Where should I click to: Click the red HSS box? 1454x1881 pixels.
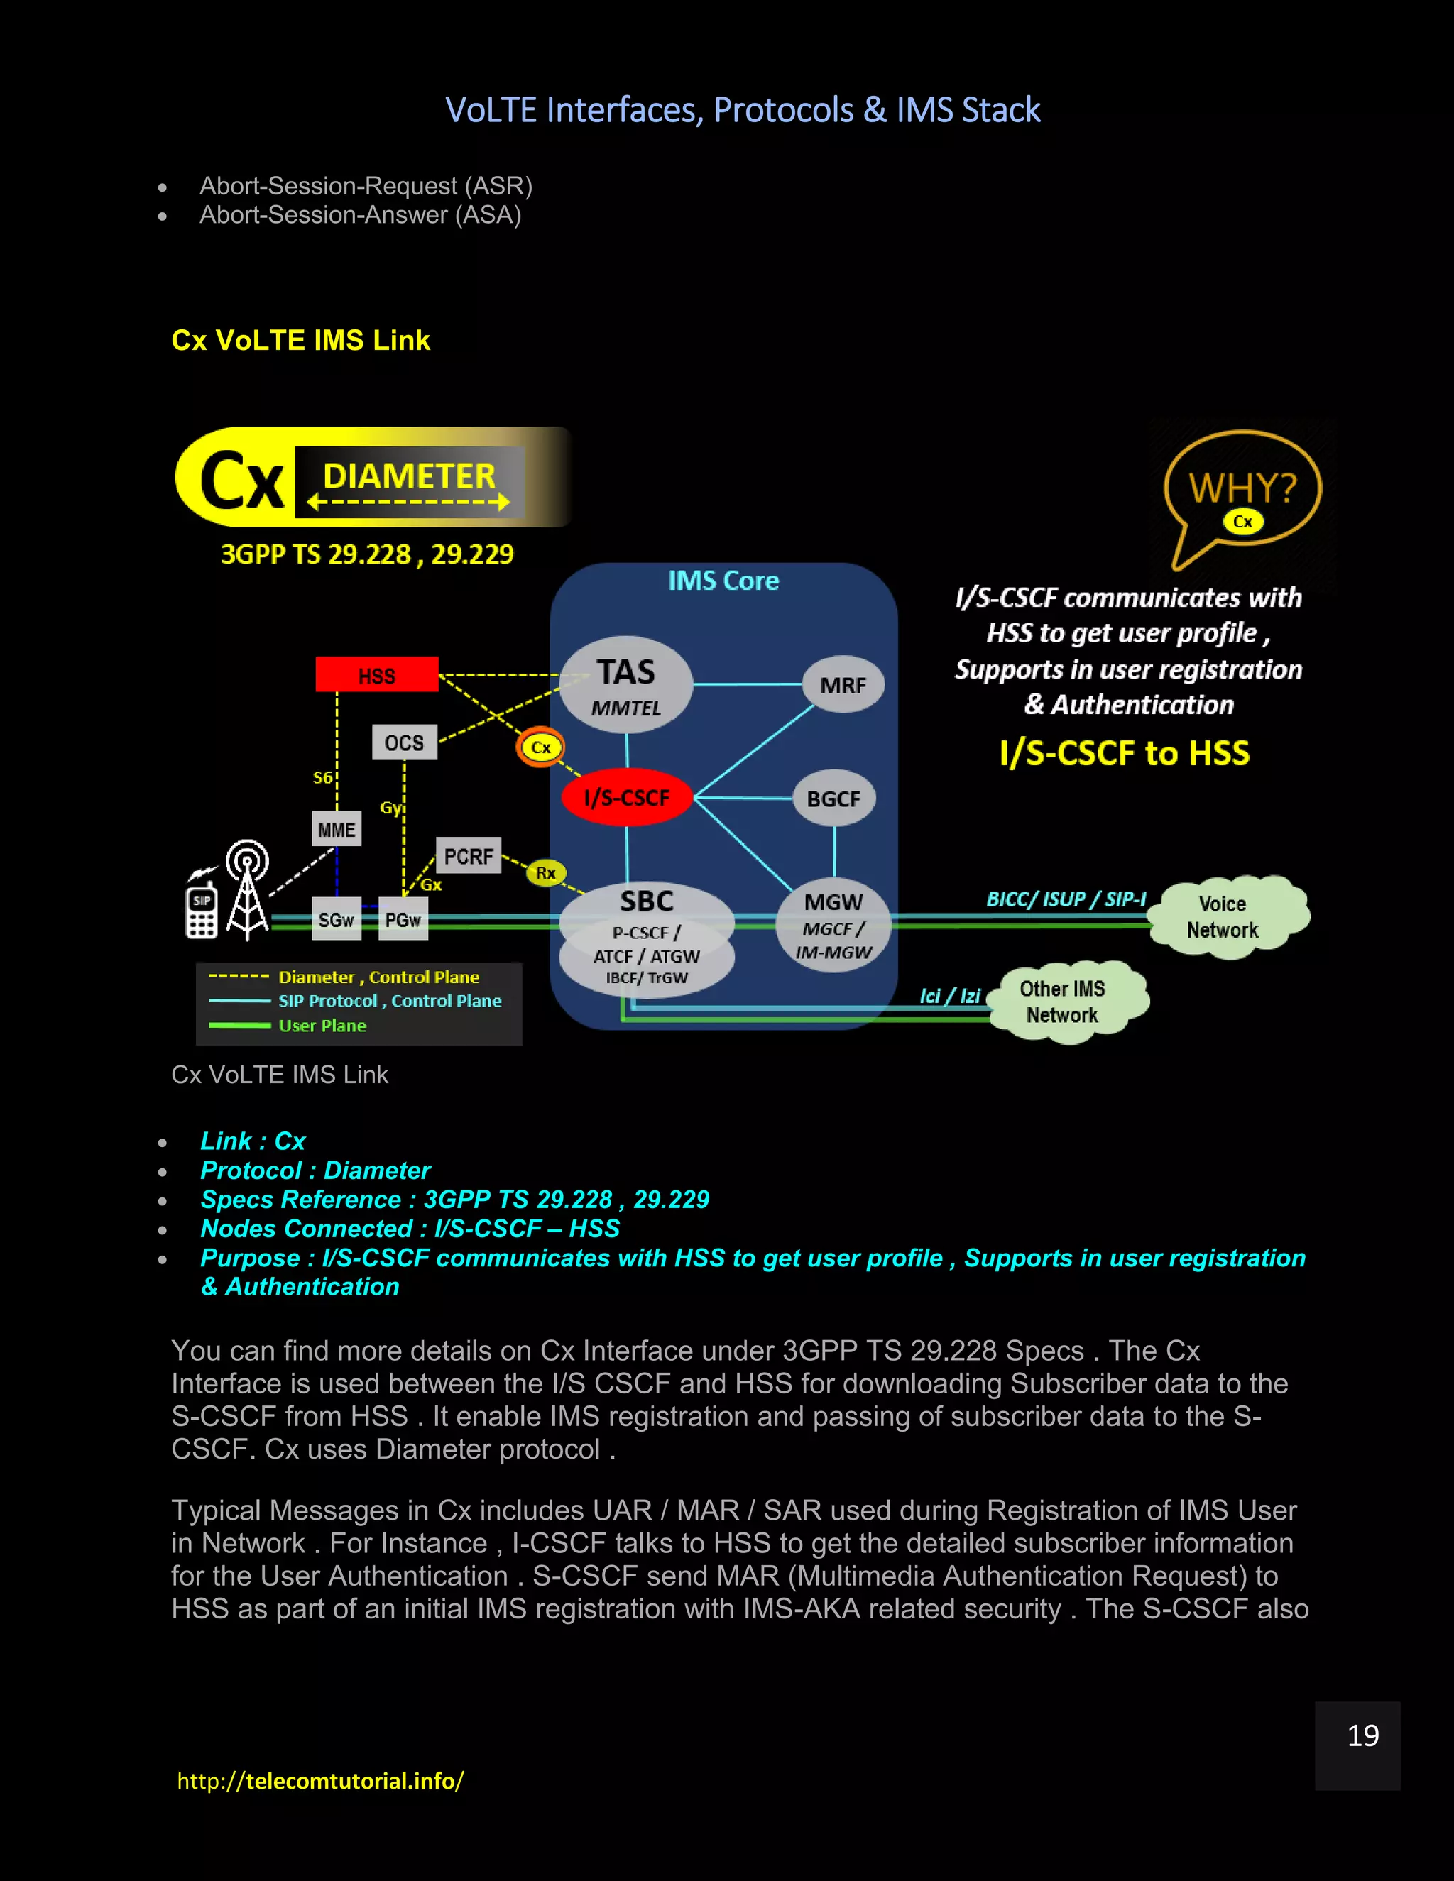click(x=376, y=674)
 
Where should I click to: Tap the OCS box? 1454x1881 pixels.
click(x=404, y=742)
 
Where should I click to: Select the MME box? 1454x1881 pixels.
click(x=336, y=828)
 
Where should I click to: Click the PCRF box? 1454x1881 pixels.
click(x=468, y=856)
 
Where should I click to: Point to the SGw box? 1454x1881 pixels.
click(x=336, y=920)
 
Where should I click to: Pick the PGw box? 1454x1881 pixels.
click(x=403, y=920)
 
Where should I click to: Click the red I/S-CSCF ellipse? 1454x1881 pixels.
click(x=626, y=796)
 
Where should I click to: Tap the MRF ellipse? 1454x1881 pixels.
click(x=843, y=685)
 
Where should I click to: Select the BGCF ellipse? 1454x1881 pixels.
click(x=833, y=799)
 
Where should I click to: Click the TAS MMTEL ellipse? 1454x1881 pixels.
click(x=626, y=686)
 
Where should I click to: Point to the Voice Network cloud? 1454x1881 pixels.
click(x=1223, y=916)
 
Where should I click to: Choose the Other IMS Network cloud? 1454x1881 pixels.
click(x=1063, y=1002)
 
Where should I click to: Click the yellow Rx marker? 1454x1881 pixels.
click(x=545, y=872)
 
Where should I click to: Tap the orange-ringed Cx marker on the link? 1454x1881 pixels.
click(x=540, y=747)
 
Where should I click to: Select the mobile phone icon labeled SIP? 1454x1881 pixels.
click(x=202, y=913)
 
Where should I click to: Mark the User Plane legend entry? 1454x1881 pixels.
click(x=322, y=1025)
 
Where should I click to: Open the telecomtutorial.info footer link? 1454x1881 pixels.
click(x=320, y=1780)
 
